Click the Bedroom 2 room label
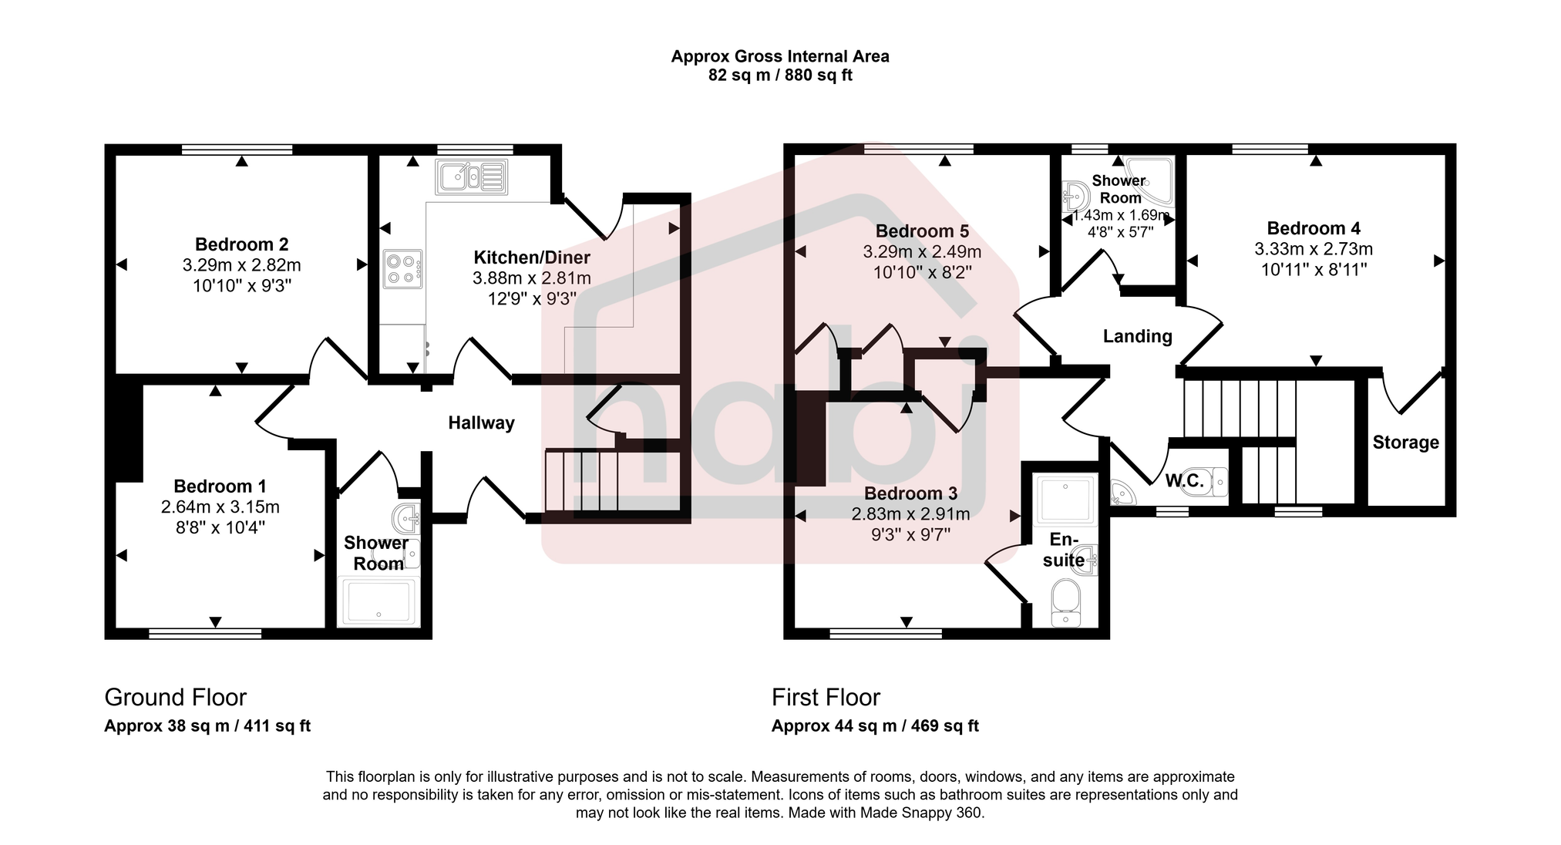click(x=241, y=244)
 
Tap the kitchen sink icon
click(x=471, y=177)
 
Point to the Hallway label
click(x=481, y=422)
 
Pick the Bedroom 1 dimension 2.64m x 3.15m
click(x=220, y=507)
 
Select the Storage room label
click(x=1405, y=443)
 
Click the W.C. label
click(x=1184, y=481)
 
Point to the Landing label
click(x=1137, y=336)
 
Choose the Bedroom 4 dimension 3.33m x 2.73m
click(x=1313, y=249)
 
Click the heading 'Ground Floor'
click(x=175, y=697)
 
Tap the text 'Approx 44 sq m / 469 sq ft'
click(x=875, y=725)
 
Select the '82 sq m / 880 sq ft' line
click(x=780, y=76)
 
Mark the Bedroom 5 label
click(x=921, y=231)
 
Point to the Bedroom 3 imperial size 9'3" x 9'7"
click(x=910, y=534)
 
